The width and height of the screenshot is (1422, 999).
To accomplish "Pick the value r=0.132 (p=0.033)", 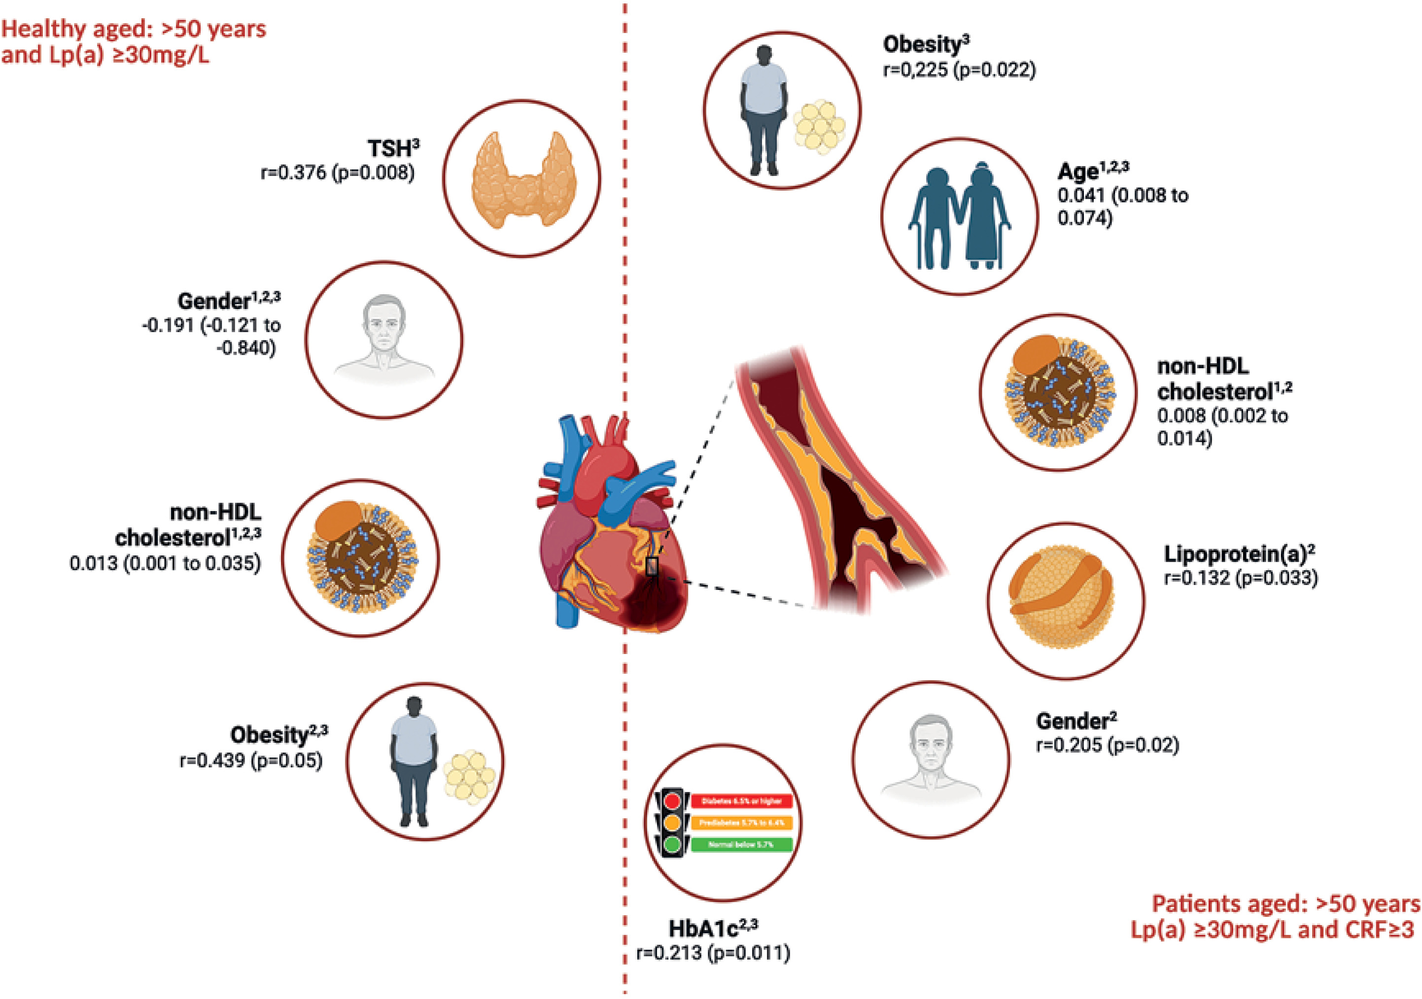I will coord(1241,578).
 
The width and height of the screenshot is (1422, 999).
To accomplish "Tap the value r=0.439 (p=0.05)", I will coord(251,760).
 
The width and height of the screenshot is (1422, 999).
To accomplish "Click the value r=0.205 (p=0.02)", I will coord(1108,745).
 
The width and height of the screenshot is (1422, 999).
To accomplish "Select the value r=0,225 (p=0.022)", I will coord(959,69).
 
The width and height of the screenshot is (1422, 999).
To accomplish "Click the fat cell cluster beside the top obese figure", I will coord(819,128).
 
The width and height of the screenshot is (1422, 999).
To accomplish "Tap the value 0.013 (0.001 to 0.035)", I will coord(165,563).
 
